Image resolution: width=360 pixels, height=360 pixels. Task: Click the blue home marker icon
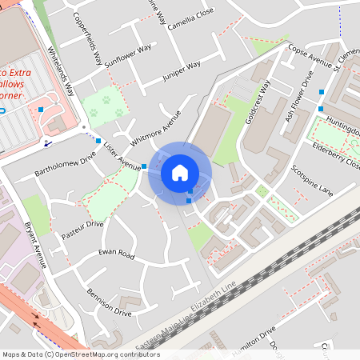[x=180, y=172]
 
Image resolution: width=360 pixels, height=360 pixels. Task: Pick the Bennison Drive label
[x=109, y=302]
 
